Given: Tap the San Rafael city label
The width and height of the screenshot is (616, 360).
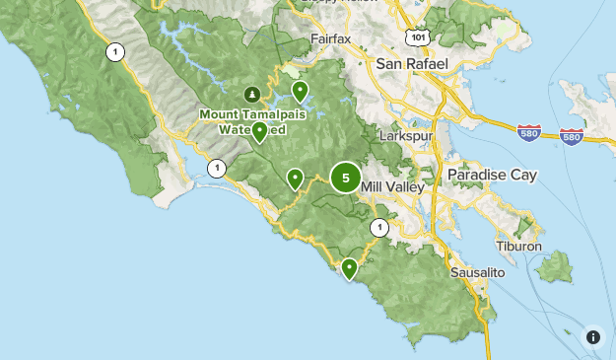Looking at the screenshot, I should point(412,63).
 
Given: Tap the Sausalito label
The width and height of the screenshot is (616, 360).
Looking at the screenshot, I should point(477,271).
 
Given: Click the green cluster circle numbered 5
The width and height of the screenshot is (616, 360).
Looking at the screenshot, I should point(345,178).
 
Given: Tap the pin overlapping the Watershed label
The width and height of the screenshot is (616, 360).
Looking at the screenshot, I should point(259,131).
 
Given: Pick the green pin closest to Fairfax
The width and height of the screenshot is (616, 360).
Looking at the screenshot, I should point(301,92).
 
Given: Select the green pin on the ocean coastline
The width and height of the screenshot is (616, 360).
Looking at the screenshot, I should point(349,268).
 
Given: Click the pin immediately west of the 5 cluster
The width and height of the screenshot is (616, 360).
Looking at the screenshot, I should point(295,179).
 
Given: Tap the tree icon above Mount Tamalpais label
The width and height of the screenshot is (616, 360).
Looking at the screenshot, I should point(252,95).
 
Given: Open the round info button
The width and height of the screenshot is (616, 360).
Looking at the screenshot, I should point(593,337).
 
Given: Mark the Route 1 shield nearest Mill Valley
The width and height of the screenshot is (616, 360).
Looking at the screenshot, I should point(378,229).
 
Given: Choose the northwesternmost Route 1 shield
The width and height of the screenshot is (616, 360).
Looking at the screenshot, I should point(116,52).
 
